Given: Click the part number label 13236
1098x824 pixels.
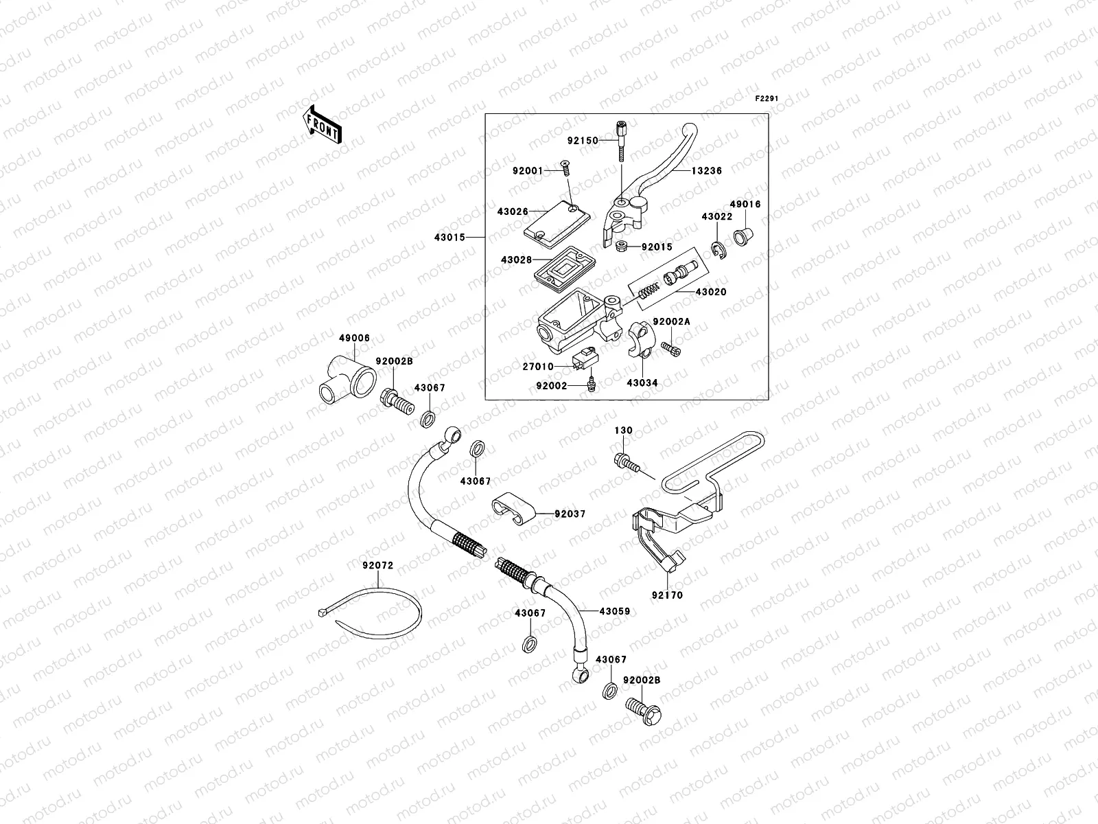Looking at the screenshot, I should click(x=706, y=170).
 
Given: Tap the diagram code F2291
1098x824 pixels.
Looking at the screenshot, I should click(x=767, y=99).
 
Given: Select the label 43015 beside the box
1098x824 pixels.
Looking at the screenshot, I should click(x=449, y=238).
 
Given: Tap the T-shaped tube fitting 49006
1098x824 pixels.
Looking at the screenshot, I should click(x=346, y=375).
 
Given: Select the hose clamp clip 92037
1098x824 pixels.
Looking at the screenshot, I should click(x=515, y=511).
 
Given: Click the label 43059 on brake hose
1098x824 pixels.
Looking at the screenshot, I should click(x=614, y=611).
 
